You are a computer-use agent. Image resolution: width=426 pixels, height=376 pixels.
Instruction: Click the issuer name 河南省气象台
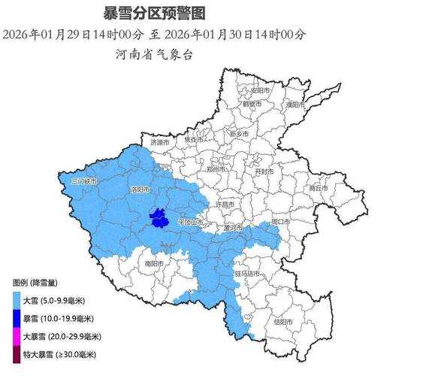pyautogui.click(x=154, y=54)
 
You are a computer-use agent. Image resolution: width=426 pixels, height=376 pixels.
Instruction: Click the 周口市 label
pyautogui.click(x=280, y=222)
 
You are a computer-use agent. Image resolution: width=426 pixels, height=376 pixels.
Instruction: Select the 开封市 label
pyautogui.click(x=264, y=171)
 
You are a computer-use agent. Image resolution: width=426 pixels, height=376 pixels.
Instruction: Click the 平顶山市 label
pyautogui.click(x=190, y=223)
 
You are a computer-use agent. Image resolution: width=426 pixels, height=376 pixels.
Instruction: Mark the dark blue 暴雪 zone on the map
pyautogui.click(x=158, y=219)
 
